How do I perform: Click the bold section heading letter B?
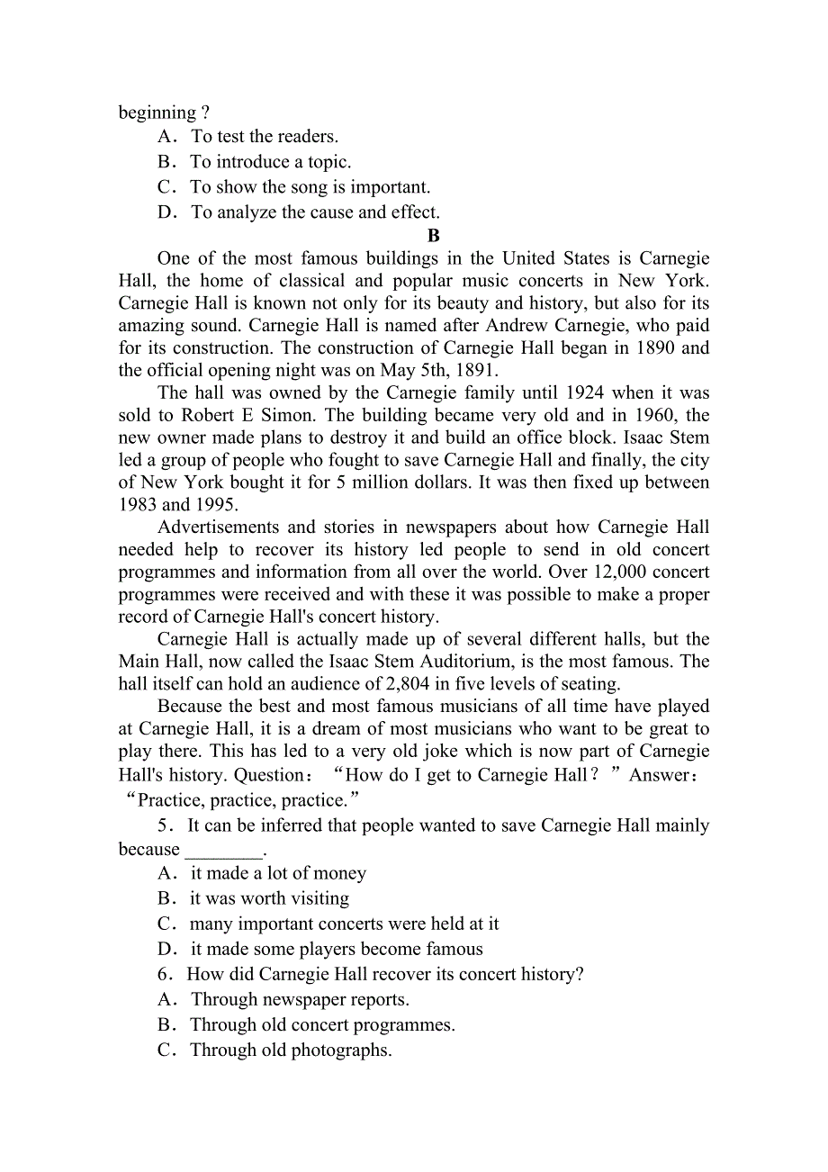point(433,236)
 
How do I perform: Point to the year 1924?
point(589,392)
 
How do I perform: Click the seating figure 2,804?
point(409,684)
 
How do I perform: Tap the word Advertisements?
point(219,527)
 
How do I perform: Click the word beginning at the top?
point(157,113)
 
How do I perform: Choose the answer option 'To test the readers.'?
point(265,137)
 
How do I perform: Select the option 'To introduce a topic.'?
point(270,162)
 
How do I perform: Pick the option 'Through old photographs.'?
point(290,1050)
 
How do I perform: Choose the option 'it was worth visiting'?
point(269,898)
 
